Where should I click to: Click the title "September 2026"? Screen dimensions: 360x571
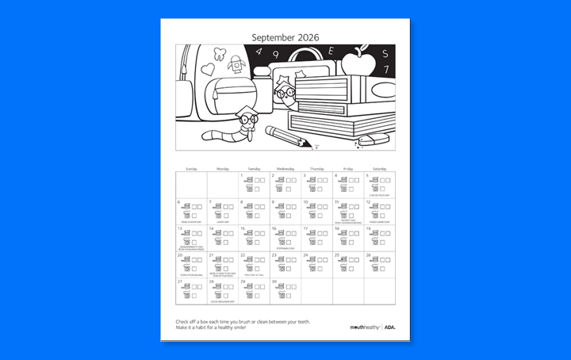[x=285, y=36]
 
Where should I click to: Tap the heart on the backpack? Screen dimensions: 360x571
[x=208, y=69]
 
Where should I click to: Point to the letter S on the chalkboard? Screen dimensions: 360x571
[x=386, y=53]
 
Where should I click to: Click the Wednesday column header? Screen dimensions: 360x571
[x=285, y=169]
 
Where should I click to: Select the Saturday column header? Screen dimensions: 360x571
[x=380, y=169]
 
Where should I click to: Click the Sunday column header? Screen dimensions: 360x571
[x=191, y=169]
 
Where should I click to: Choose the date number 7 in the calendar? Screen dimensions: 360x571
[x=211, y=202]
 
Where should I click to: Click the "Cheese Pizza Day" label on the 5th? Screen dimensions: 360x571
[x=380, y=194]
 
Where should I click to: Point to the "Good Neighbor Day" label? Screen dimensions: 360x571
[x=222, y=301]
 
